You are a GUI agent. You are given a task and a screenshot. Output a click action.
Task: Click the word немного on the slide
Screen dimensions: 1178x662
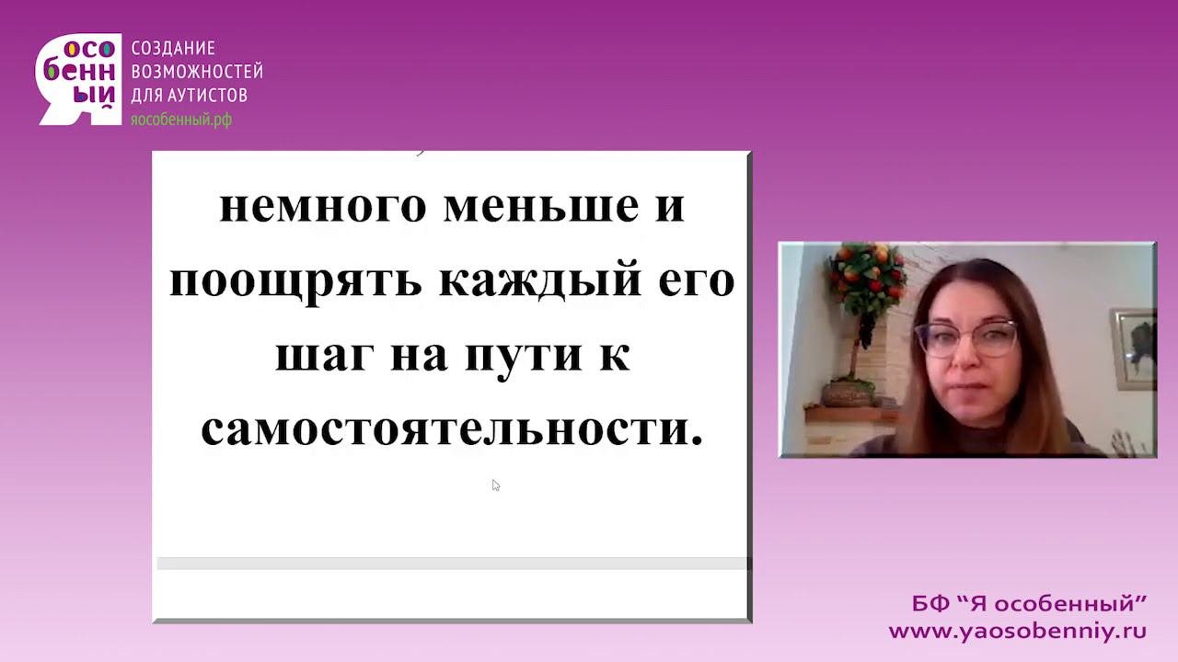click(322, 207)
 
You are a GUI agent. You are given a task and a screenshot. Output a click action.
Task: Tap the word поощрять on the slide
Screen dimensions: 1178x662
click(295, 282)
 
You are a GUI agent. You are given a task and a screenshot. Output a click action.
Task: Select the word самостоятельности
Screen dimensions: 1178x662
click(452, 430)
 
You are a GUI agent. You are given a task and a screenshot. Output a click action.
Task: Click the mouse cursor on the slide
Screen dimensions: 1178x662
click(495, 485)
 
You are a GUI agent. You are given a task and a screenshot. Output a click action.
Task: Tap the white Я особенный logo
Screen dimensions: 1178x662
click(78, 79)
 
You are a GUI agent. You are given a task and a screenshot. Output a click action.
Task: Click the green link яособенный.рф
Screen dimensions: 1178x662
click(181, 120)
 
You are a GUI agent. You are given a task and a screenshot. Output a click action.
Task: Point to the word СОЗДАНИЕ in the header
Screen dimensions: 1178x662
click(173, 49)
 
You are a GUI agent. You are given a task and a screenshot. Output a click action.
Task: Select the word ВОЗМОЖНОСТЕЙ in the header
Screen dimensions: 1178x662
click(197, 71)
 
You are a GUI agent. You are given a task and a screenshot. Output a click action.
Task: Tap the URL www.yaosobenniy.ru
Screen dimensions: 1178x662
click(1018, 631)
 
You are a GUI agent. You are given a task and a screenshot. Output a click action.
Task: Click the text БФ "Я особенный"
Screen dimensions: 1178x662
click(1029, 604)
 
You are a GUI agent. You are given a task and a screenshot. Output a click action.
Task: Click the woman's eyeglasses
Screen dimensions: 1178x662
click(966, 338)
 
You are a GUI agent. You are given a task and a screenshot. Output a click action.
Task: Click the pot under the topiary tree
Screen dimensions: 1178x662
click(848, 394)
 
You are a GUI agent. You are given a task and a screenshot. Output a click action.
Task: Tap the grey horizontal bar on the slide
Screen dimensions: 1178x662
click(452, 564)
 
